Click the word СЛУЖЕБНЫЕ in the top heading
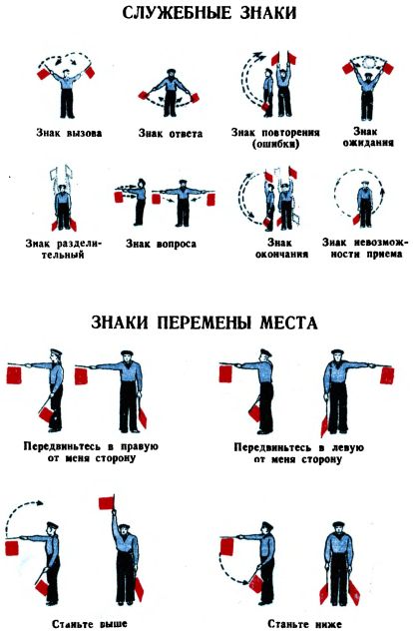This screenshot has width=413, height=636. [176, 13]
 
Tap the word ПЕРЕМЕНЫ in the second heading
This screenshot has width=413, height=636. [206, 322]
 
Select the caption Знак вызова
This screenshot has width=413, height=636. [69, 133]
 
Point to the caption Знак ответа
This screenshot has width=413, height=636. [171, 133]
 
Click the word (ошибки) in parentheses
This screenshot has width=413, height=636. [275, 144]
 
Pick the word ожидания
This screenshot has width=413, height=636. [368, 143]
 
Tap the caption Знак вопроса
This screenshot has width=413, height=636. [161, 244]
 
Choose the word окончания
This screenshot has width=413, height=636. [281, 254]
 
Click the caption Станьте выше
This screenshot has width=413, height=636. [90, 623]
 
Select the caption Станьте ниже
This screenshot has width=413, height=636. [305, 623]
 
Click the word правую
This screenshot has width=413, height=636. [140, 446]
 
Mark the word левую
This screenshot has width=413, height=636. [346, 447]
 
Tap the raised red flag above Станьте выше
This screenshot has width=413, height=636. [106, 502]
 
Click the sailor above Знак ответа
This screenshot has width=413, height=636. [171, 93]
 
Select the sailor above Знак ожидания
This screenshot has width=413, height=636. [367, 95]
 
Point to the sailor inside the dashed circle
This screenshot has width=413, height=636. [365, 205]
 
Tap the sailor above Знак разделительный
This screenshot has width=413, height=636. [63, 207]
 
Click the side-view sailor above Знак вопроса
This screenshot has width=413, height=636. [139, 202]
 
